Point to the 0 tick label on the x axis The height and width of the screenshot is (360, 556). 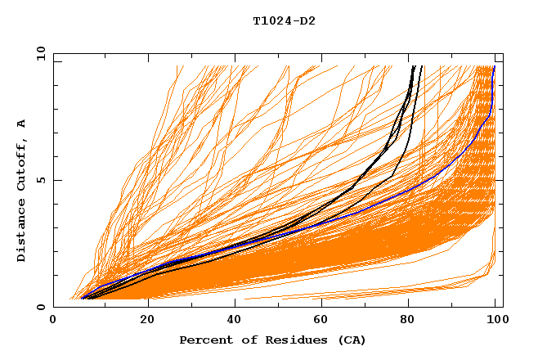[54, 321]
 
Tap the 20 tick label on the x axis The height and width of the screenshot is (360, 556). [142, 321]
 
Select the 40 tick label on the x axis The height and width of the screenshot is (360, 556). [231, 321]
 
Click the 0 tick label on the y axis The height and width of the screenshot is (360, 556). [41, 307]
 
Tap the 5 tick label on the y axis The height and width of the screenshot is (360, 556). [41, 180]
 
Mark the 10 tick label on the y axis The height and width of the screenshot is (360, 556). [38, 54]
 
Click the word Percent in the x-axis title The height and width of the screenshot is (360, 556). [204, 340]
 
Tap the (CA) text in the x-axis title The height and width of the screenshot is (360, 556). [352, 340]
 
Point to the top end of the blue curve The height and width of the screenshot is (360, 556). [494, 67]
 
